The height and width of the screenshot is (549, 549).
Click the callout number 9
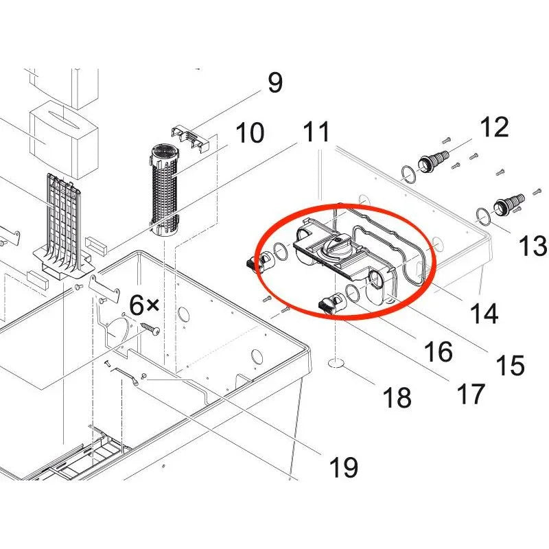[x=274, y=84]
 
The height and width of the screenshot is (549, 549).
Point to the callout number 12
[x=494, y=127]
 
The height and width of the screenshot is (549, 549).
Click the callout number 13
[x=532, y=246]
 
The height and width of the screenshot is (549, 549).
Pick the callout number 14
[x=484, y=312]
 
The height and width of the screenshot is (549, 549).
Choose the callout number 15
[x=510, y=365]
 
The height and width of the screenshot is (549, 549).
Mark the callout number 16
[x=438, y=351]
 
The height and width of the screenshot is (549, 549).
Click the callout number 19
[x=343, y=468]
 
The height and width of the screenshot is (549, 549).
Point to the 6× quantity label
[x=144, y=305]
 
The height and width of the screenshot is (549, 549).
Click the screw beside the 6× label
[x=152, y=330]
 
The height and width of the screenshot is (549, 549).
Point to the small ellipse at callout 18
[x=336, y=362]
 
